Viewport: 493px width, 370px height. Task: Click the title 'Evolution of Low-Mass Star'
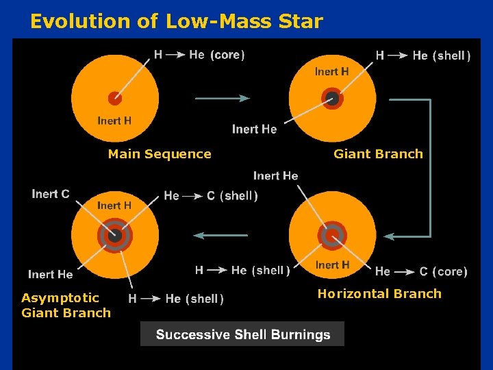(176, 21)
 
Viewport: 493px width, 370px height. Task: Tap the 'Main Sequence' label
(160, 154)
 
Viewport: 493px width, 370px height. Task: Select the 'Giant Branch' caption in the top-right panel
(378, 154)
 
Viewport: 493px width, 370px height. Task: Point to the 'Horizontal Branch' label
(379, 294)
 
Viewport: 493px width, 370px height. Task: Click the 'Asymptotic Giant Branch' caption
(66, 306)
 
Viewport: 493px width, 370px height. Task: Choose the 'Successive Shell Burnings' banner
(242, 334)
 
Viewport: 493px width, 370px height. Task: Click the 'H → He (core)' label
(199, 55)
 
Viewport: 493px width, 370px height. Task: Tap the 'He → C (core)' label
(421, 271)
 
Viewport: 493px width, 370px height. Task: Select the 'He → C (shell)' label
(211, 196)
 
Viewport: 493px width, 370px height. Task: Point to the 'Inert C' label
(50, 194)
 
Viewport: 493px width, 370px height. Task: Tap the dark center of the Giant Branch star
(332, 97)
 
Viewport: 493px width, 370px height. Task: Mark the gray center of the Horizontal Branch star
(332, 235)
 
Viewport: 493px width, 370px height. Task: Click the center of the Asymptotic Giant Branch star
(114, 236)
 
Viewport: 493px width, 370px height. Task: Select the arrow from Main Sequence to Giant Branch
(223, 99)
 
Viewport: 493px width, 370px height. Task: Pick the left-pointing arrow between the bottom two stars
(220, 236)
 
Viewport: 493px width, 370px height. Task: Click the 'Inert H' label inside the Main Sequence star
(114, 121)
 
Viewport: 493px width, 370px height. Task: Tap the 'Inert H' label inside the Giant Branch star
(331, 71)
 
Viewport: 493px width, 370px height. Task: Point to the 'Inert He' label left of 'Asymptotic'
(50, 274)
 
